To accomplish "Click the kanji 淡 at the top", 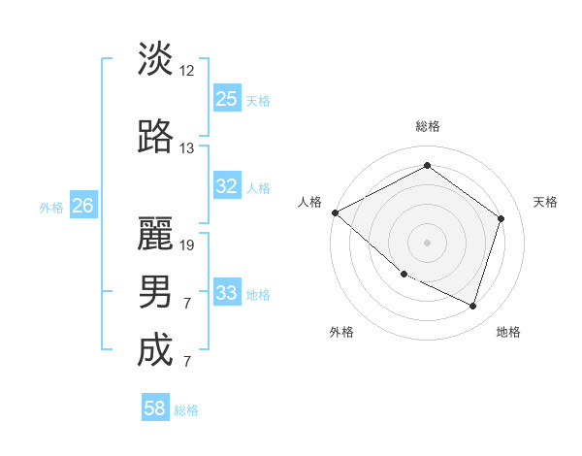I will click(x=155, y=59).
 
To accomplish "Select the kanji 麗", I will click(x=155, y=232).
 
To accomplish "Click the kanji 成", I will click(x=155, y=350).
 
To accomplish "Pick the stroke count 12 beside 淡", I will click(x=187, y=71).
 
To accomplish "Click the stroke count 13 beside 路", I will click(x=187, y=148).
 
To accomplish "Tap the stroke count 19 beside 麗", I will click(x=187, y=244).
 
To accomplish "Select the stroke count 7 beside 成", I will click(x=187, y=362).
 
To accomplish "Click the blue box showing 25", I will click(x=226, y=99).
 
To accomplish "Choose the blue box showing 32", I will click(x=226, y=186).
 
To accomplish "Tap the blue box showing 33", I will click(x=226, y=293).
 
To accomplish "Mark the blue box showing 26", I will click(x=83, y=206).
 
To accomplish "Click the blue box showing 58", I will click(x=155, y=408).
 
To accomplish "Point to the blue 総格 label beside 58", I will click(x=187, y=410).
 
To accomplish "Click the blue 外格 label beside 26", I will click(x=51, y=207).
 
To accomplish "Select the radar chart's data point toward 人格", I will click(x=335, y=212).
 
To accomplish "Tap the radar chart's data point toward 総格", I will click(x=427, y=166).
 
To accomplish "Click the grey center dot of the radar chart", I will click(x=427, y=242).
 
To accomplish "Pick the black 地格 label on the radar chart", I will click(x=508, y=332).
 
